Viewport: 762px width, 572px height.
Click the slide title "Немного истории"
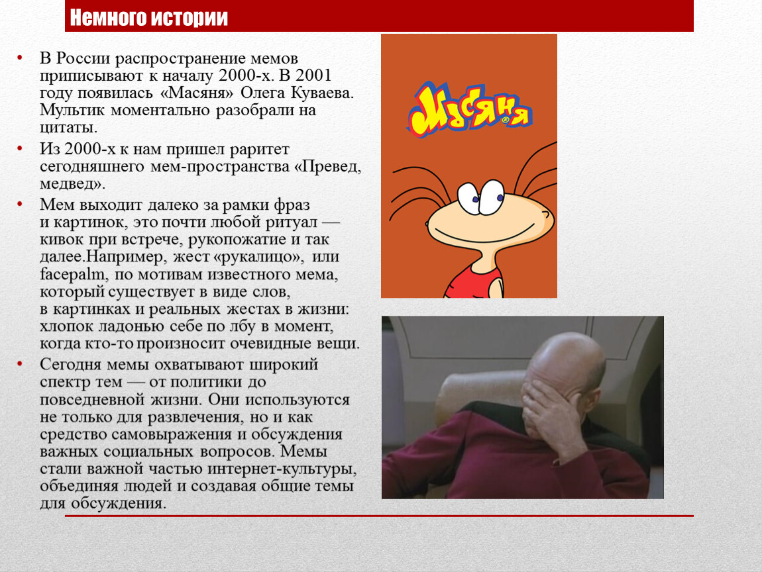pos(148,17)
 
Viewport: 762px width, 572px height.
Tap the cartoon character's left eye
pos(470,198)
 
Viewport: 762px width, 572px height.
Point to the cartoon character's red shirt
pos(473,281)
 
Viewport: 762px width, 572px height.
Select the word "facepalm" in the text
pos(72,274)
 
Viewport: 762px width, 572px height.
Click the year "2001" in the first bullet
pos(313,75)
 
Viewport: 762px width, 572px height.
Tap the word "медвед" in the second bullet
pos(70,184)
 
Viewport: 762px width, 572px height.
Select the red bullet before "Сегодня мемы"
pos(20,364)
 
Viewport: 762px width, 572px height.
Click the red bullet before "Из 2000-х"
pos(20,148)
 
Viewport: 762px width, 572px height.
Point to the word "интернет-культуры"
pos(282,469)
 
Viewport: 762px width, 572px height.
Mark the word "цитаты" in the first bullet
pos(68,128)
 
